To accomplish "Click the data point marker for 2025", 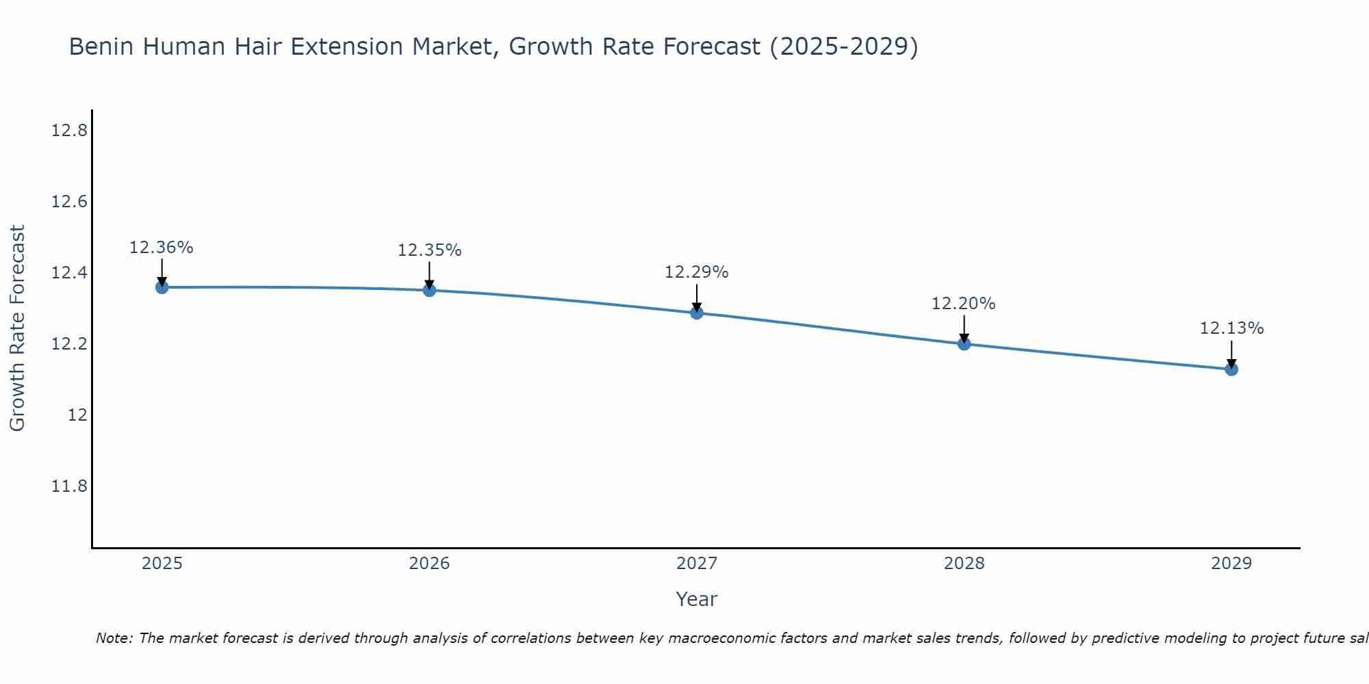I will point(162,287).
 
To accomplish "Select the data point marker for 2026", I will point(429,290).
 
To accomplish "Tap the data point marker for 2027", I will point(697,313).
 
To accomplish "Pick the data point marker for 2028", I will point(964,343).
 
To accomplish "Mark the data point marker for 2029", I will point(1231,369).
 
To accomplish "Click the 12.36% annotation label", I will point(162,248).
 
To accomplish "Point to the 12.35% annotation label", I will point(429,250).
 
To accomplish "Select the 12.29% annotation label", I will point(697,272).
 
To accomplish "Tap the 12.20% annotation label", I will point(964,304).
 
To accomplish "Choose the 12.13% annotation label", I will point(1231,328).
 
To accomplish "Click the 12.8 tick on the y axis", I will point(69,131).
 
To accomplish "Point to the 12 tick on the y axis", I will point(77,415).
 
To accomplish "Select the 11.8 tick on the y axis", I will point(69,486).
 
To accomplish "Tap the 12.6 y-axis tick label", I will point(69,202).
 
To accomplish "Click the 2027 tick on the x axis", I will point(697,564).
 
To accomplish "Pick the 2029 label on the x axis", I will point(1231,564).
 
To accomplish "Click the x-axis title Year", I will point(697,599).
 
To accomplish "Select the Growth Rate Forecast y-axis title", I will point(17,328).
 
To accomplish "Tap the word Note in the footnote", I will point(114,638).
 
